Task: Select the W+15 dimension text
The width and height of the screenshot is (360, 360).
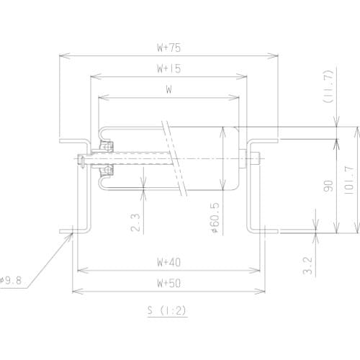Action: [x=168, y=69]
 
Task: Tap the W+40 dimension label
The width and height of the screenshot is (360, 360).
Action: [x=168, y=262]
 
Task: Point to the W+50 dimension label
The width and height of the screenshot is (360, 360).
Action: [x=168, y=283]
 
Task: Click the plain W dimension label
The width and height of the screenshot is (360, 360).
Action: [x=168, y=90]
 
